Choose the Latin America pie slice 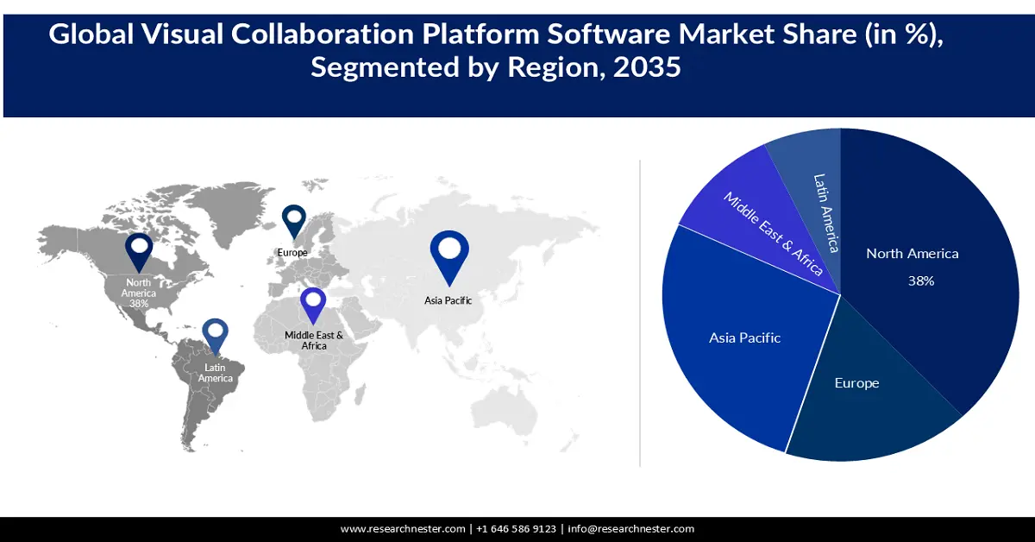815,190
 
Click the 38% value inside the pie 921,281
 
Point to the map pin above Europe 294,220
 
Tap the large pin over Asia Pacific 448,255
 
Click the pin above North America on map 139,251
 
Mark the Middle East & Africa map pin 313,306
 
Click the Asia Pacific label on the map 448,300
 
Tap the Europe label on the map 292,252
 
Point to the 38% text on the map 139,304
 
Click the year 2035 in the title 647,67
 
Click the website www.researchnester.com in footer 404,529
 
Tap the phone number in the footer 517,529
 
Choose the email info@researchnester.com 630,529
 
